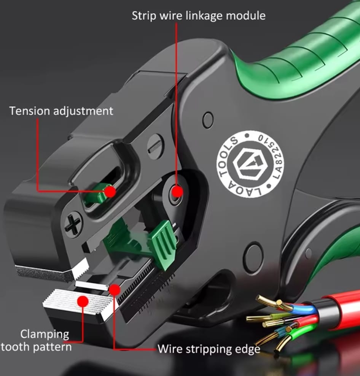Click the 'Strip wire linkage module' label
click(x=199, y=16)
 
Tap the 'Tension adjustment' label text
click(x=61, y=111)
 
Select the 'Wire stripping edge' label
click(x=209, y=349)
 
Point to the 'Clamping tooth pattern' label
click(x=36, y=341)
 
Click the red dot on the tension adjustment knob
click(x=110, y=192)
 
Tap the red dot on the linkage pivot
click(x=177, y=192)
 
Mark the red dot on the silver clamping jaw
click(x=83, y=301)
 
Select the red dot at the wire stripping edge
click(x=115, y=290)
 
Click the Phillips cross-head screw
click(x=73, y=224)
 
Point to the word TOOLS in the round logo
click(x=227, y=156)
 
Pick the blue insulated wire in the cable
click(x=300, y=308)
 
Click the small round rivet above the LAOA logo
click(x=208, y=120)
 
